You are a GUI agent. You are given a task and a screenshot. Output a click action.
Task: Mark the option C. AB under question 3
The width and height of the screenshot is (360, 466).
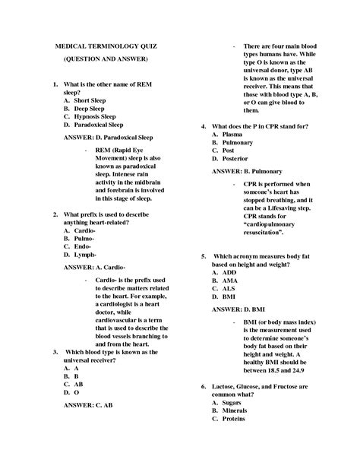[x=74, y=384]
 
